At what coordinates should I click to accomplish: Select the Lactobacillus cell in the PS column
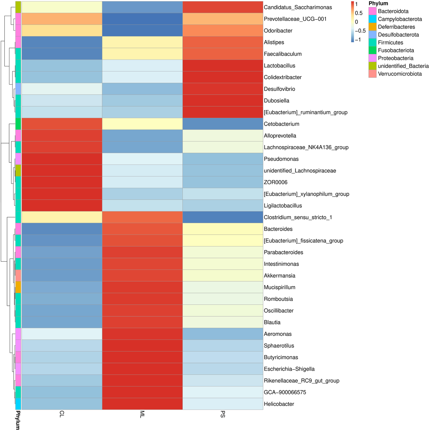pyautogui.click(x=223, y=66)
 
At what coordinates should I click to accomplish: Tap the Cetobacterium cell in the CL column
pyautogui.click(x=62, y=124)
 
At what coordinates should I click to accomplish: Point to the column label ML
pyautogui.click(x=142, y=414)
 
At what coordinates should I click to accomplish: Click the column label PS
pyautogui.click(x=223, y=414)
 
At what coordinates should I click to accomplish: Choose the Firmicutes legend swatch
pyautogui.click(x=372, y=42)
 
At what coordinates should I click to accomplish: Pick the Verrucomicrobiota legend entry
pyautogui.click(x=399, y=74)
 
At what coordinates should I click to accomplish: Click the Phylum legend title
pyautogui.click(x=378, y=3)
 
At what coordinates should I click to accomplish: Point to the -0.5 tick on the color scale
pyautogui.click(x=360, y=31)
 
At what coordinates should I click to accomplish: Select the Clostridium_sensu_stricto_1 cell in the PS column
pyautogui.click(x=223, y=217)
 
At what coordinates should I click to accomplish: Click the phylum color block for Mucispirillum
pyautogui.click(x=18, y=287)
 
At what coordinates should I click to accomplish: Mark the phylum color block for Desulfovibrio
pyautogui.click(x=18, y=89)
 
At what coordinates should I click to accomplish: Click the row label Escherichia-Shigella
pyautogui.click(x=289, y=369)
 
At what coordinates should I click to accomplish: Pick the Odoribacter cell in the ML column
pyautogui.click(x=142, y=31)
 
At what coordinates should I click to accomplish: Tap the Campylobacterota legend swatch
pyautogui.click(x=372, y=19)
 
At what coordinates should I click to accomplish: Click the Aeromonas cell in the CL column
pyautogui.click(x=62, y=334)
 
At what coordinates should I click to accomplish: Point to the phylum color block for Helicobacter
pyautogui.click(x=18, y=404)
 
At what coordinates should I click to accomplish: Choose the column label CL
pyautogui.click(x=62, y=414)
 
